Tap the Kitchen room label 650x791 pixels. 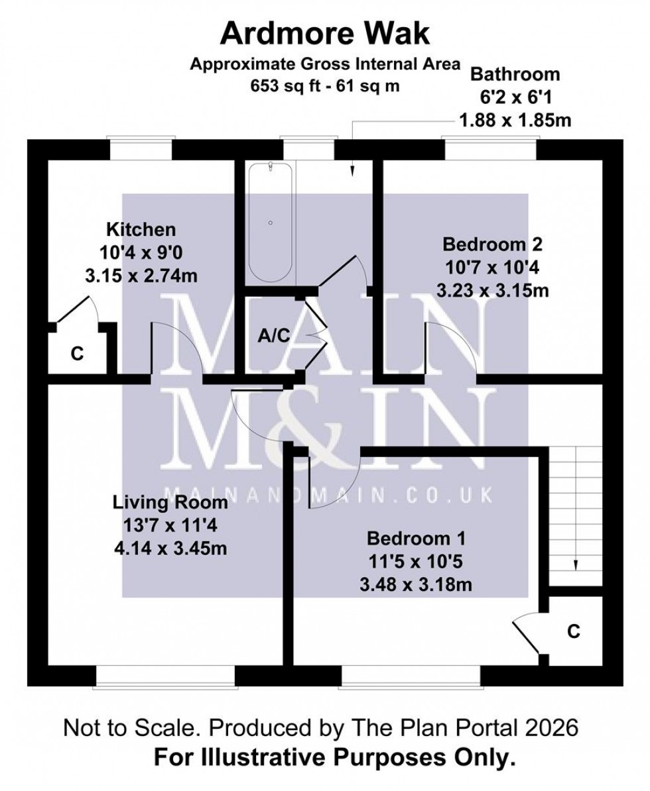pos(141,230)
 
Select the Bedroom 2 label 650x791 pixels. pos(492,244)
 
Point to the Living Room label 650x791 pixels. pos(170,502)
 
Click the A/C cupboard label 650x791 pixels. pos(274,336)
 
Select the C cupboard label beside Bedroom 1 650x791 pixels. pos(574,632)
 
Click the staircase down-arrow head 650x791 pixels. pos(575,565)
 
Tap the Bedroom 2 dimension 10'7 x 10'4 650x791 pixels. pos(492,268)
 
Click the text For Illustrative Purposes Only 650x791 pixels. pos(334,757)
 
